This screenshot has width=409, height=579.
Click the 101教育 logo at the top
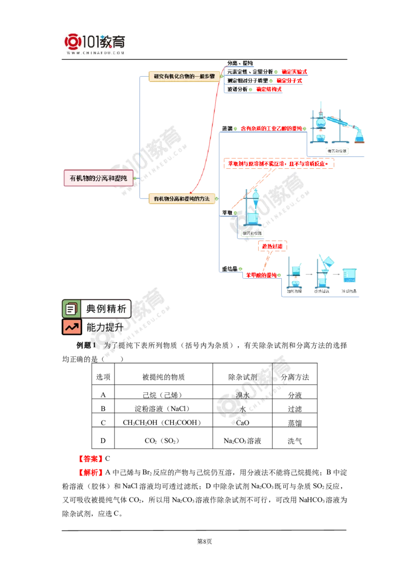96,43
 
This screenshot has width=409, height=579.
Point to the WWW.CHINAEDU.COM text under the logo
95,53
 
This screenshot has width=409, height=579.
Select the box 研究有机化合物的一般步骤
184,76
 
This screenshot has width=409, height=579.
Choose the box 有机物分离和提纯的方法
181,198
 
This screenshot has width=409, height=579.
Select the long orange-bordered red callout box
279,164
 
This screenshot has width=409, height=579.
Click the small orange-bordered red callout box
273,247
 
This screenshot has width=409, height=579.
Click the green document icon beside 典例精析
71,309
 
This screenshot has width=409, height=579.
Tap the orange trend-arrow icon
71,327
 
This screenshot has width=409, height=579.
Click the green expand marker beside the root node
137,179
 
